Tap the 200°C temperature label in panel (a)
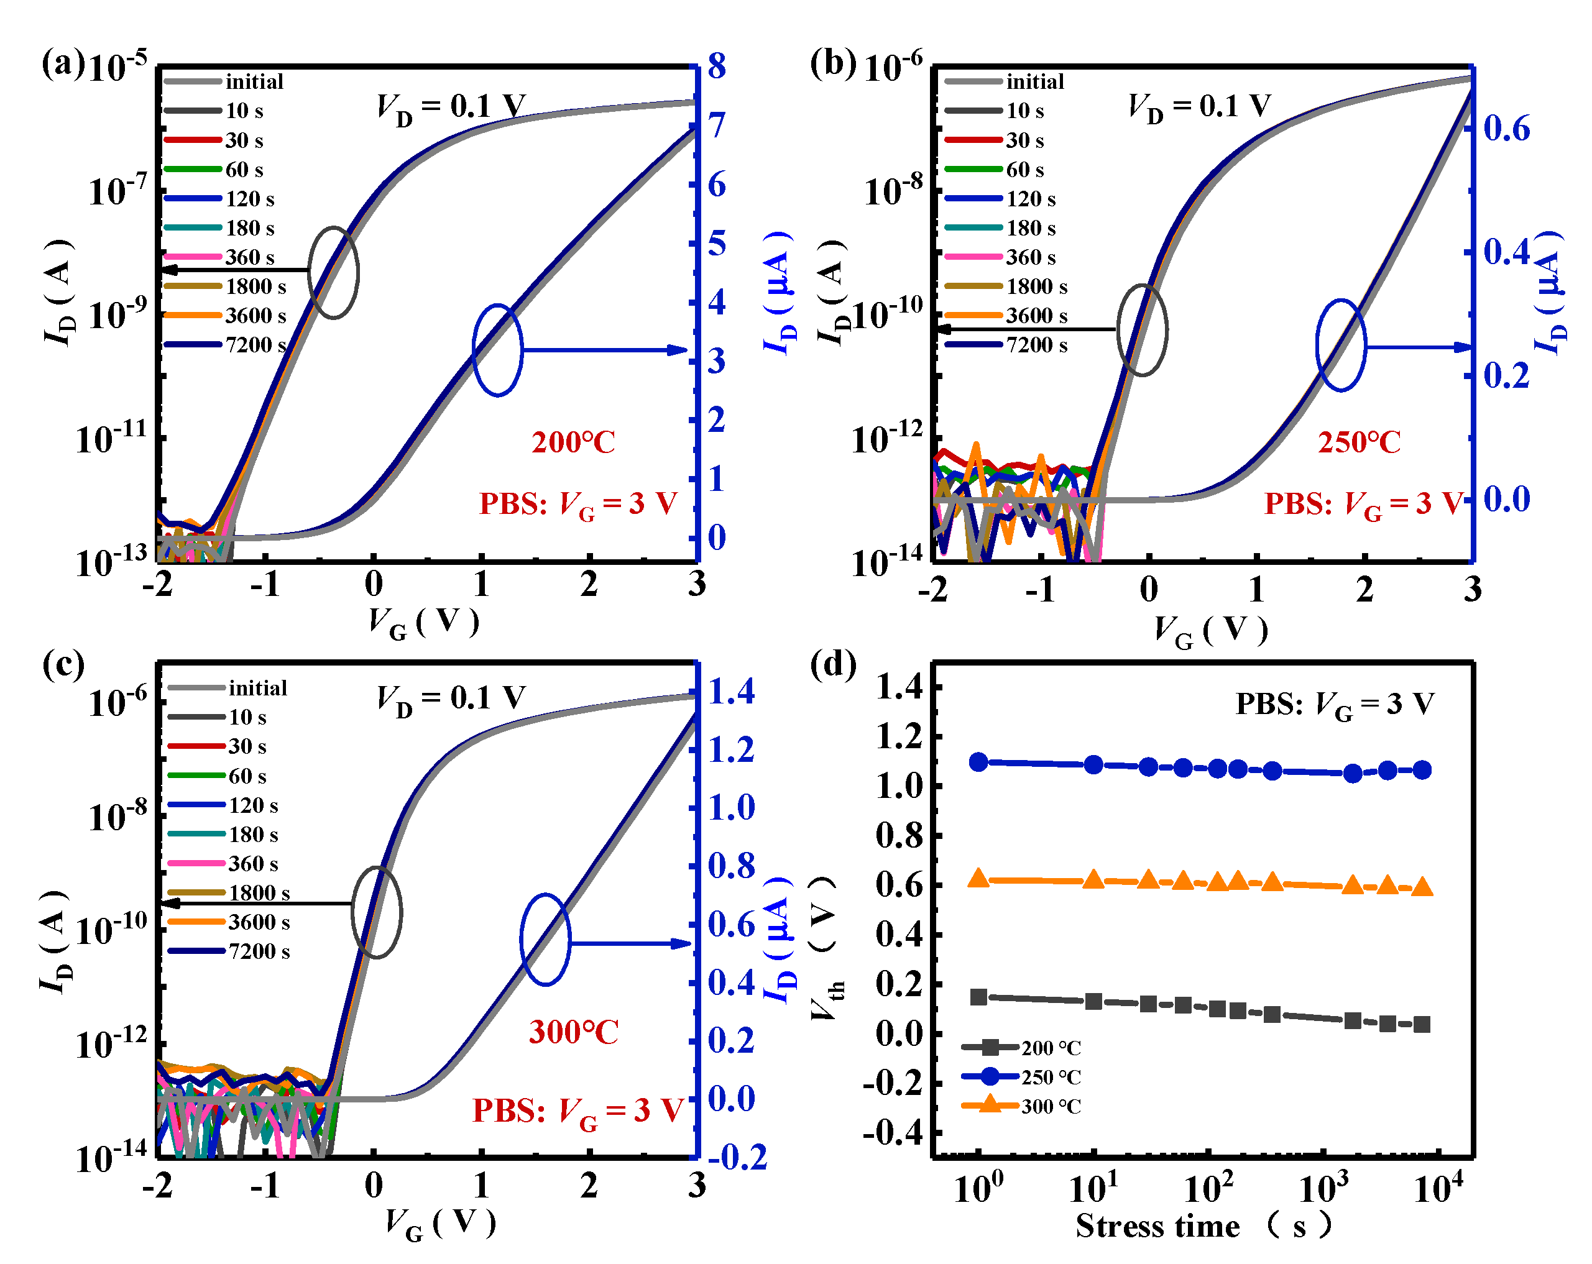click(573, 442)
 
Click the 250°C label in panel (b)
click(1359, 442)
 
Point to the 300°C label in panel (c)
click(573, 1032)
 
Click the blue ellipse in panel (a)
click(498, 350)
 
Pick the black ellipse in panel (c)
click(377, 912)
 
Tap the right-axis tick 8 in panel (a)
click(716, 66)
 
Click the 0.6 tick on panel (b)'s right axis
click(1506, 129)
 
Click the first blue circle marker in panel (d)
click(978, 762)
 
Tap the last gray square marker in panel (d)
click(1422, 1024)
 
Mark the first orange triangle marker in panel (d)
click(978, 879)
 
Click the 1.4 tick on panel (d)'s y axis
click(900, 687)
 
